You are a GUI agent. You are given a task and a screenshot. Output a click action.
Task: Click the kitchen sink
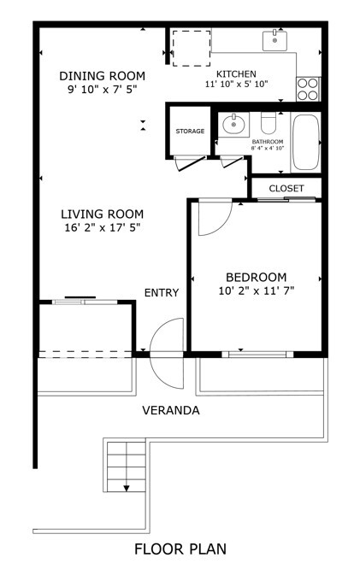click(274, 41)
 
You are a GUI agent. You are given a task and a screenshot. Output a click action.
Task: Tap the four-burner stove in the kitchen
click(308, 89)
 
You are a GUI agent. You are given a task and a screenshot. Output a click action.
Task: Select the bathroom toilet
click(269, 123)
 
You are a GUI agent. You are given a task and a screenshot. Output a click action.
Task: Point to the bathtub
click(306, 142)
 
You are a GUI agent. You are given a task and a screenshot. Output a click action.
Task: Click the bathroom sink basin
click(233, 124)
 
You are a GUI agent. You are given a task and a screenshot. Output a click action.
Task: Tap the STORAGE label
click(190, 132)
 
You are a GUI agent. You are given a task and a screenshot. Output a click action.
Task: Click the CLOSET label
click(286, 188)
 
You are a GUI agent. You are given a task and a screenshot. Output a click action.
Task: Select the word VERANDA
click(171, 410)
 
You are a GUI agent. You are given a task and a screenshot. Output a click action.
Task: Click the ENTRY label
click(162, 293)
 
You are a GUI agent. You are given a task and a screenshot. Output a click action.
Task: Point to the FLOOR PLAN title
click(180, 549)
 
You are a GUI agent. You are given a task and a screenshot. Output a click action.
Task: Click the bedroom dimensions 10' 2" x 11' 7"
click(257, 290)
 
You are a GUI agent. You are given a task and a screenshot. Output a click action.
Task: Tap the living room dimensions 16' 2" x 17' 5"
click(103, 227)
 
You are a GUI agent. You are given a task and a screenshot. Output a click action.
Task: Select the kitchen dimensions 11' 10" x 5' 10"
click(237, 84)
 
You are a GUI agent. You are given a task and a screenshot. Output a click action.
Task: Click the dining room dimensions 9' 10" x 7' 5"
click(103, 90)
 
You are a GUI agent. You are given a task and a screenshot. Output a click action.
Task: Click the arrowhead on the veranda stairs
click(127, 488)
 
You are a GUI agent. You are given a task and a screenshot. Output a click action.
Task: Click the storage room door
click(191, 163)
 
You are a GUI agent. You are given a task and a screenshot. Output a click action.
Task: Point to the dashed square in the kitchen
click(192, 49)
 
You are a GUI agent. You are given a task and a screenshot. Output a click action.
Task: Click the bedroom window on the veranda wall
click(257, 355)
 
